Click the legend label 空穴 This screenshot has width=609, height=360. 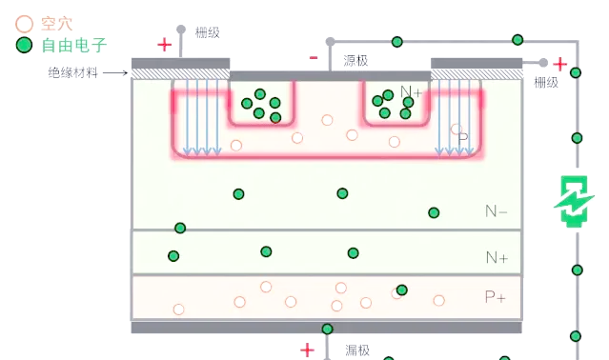56,24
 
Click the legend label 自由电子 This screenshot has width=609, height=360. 73,45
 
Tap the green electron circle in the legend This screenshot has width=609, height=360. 24,45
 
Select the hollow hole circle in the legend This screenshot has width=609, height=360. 24,24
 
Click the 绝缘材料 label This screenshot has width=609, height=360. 73,72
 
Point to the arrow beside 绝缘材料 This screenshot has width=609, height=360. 115,72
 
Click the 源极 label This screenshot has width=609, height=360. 355,61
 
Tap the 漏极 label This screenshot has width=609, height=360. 357,350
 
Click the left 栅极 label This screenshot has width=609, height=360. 208,32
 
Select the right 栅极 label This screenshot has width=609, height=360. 546,82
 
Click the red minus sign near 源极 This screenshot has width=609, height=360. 314,58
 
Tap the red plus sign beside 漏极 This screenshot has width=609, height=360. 307,350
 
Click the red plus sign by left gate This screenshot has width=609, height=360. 164,45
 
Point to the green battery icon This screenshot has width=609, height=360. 574,201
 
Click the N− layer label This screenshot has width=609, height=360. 496,211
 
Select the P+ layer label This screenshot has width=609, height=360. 496,297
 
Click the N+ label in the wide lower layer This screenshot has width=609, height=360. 497,257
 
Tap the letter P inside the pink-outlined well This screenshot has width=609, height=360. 463,138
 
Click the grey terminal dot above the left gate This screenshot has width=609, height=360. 181,30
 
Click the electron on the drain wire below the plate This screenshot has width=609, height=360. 328,329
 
